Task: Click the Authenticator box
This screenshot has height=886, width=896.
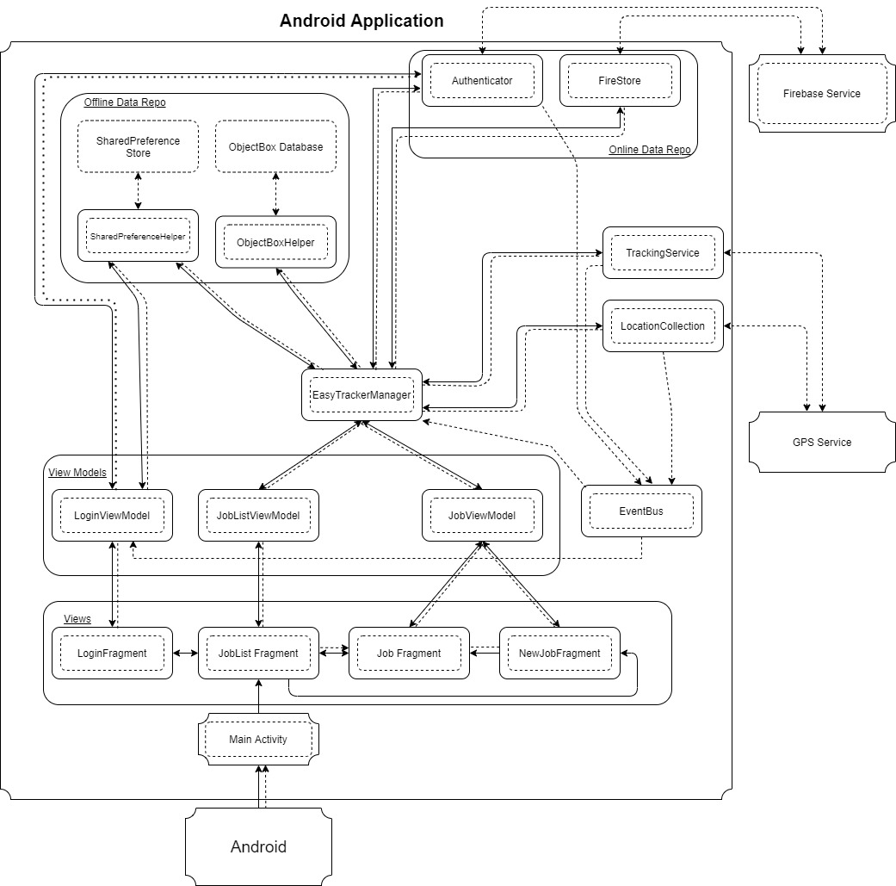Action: pyautogui.click(x=482, y=81)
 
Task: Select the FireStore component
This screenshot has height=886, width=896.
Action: pyautogui.click(x=620, y=81)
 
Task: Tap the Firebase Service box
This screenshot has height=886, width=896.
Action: pyautogui.click(x=821, y=94)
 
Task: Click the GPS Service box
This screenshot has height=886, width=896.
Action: pyautogui.click(x=821, y=442)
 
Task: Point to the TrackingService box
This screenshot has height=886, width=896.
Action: pyautogui.click(x=663, y=253)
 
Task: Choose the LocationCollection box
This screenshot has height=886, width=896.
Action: pyautogui.click(x=663, y=326)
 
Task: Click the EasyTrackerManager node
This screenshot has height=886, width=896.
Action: pyautogui.click(x=361, y=395)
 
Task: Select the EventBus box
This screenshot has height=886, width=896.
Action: pyautogui.click(x=641, y=511)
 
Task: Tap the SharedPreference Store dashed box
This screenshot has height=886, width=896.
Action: pyautogui.click(x=138, y=147)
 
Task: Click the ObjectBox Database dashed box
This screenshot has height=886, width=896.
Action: pyautogui.click(x=275, y=147)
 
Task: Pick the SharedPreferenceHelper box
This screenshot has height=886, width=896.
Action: pyautogui.click(x=138, y=236)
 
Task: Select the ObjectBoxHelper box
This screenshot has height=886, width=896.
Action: pyautogui.click(x=275, y=243)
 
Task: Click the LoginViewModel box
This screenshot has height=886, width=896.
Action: pyautogui.click(x=112, y=516)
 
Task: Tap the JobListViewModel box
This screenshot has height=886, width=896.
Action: pyautogui.click(x=258, y=516)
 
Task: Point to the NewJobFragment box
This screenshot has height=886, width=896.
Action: pyautogui.click(x=559, y=654)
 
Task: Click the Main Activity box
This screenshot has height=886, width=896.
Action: pyautogui.click(x=258, y=739)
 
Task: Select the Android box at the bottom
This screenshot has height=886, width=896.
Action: pyautogui.click(x=258, y=846)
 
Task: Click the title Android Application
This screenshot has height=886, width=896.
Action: pyautogui.click(x=361, y=21)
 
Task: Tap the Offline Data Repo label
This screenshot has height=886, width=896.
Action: pyautogui.click(x=125, y=102)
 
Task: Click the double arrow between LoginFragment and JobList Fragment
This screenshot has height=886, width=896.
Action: pyautogui.click(x=185, y=654)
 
